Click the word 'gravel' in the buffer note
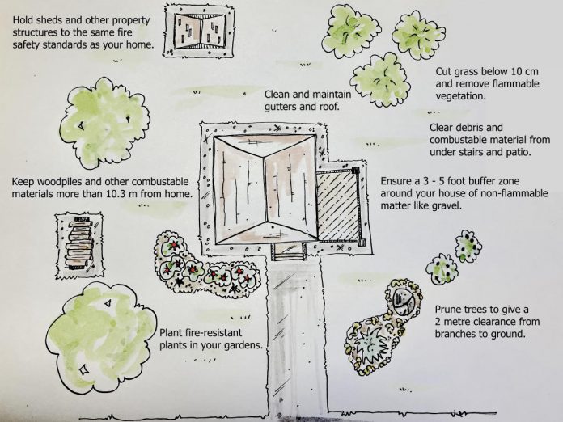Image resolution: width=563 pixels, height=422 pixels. click(446, 206)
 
